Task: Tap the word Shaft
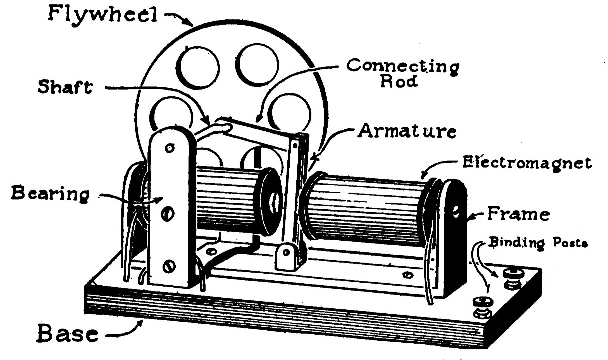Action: (65, 87)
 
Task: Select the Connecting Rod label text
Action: (402, 73)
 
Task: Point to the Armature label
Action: (407, 131)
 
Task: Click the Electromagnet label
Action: (527, 163)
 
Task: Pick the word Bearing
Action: (50, 193)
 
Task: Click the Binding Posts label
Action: (538, 243)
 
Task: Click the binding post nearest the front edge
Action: (483, 307)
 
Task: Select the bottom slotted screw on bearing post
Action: (168, 266)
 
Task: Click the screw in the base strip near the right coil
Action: (408, 275)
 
